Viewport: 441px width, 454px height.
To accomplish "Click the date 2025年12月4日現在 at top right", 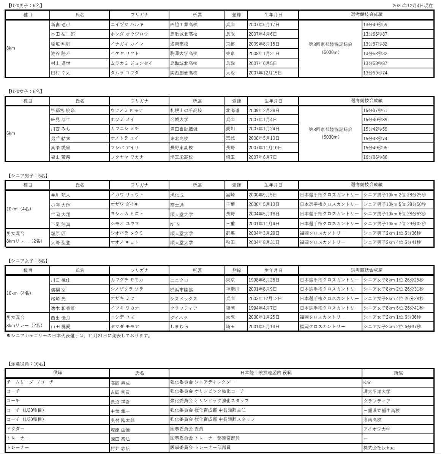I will [x=413, y=5].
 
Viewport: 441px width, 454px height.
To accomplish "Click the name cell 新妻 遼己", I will [x=61, y=25].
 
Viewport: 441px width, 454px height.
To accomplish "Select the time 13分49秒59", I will [x=375, y=25].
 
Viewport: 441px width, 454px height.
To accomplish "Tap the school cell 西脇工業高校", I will [x=184, y=25].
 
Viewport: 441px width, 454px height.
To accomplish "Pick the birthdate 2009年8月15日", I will [x=264, y=44].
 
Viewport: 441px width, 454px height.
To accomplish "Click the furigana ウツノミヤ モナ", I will [x=127, y=110].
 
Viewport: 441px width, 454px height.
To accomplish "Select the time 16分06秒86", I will [x=375, y=157].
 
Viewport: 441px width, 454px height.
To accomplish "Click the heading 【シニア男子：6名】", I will [x=28, y=176].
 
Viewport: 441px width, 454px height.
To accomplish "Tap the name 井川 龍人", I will [x=61, y=195].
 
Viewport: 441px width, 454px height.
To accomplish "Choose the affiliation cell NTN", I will [x=175, y=224].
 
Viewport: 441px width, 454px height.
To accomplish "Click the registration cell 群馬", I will [x=231, y=233].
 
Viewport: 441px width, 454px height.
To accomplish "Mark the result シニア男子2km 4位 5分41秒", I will [x=392, y=242].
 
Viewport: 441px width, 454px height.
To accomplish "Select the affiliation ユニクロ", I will [x=179, y=280].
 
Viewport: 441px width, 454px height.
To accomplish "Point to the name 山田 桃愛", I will [x=61, y=326].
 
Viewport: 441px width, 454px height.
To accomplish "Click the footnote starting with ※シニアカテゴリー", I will [x=79, y=335].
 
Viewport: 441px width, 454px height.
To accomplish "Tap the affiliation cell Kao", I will [x=367, y=382].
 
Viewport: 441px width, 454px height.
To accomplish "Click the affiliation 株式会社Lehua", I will [x=379, y=448].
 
